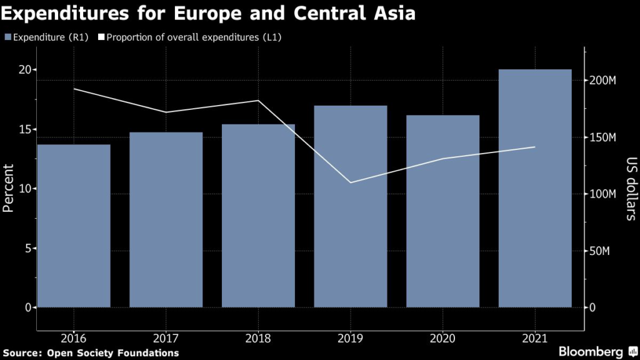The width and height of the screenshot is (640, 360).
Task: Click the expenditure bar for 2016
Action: click(x=74, y=226)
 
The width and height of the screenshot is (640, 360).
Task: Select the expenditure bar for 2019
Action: click(x=351, y=206)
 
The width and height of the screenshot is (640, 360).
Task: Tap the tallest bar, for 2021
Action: click(x=535, y=188)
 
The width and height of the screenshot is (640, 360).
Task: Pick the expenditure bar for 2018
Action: click(x=258, y=216)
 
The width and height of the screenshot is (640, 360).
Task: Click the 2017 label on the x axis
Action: click(x=166, y=338)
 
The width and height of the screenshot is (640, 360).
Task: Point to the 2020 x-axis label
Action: click(x=442, y=338)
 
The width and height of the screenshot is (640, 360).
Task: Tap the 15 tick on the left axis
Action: click(x=24, y=129)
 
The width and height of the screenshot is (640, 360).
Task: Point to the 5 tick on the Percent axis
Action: click(x=27, y=248)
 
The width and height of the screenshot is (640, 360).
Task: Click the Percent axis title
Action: click(x=9, y=188)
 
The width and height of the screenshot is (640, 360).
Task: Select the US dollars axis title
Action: click(x=631, y=188)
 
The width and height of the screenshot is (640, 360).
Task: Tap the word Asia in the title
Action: click(x=392, y=13)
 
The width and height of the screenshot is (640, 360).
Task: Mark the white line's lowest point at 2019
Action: click(x=351, y=182)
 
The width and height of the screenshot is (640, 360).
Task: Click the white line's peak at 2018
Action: click(x=258, y=101)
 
